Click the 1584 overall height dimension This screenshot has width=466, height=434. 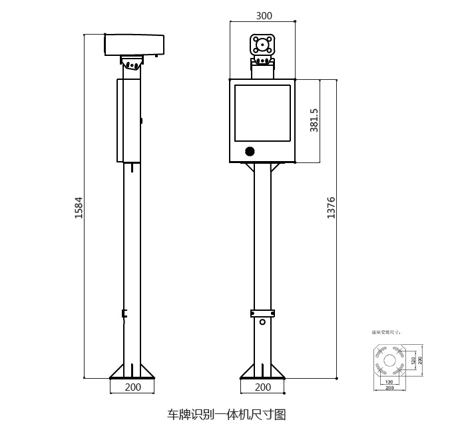[x=79, y=207]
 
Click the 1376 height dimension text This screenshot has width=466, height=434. [x=331, y=207]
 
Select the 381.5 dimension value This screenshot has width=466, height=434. [x=314, y=120]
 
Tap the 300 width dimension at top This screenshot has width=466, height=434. [x=264, y=16]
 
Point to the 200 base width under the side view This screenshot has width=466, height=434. [x=132, y=387]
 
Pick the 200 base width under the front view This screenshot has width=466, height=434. [x=263, y=387]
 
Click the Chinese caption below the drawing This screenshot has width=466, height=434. [x=226, y=415]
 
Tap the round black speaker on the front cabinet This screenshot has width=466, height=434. [x=250, y=151]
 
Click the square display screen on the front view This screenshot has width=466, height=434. [x=262, y=112]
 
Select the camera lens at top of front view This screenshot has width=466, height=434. [x=262, y=46]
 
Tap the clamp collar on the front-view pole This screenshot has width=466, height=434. [x=262, y=313]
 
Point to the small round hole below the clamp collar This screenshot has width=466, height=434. [x=262, y=322]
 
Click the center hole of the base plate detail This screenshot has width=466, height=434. [x=389, y=360]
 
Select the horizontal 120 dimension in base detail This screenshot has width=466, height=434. [x=389, y=382]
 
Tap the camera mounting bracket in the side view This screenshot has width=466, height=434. [x=131, y=63]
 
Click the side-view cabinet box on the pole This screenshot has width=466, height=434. [x=130, y=120]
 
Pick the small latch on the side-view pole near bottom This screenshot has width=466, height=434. [x=124, y=312]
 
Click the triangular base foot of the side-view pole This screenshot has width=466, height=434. [x=132, y=370]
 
